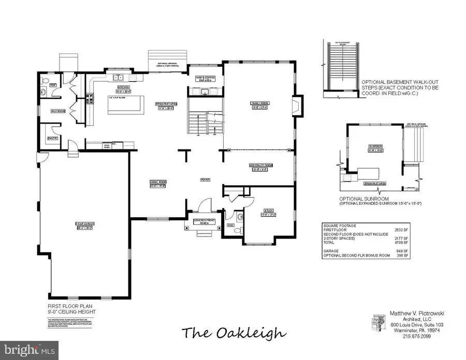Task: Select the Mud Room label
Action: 57,111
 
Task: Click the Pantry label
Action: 52,138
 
